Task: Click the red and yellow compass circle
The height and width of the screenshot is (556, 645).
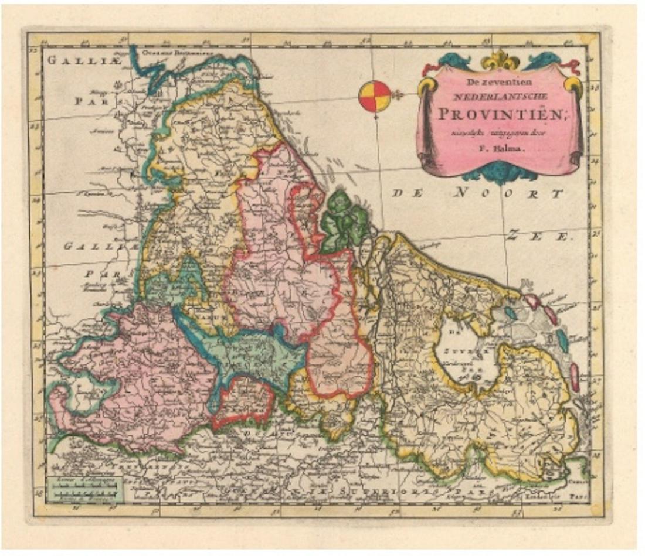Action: (375, 96)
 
